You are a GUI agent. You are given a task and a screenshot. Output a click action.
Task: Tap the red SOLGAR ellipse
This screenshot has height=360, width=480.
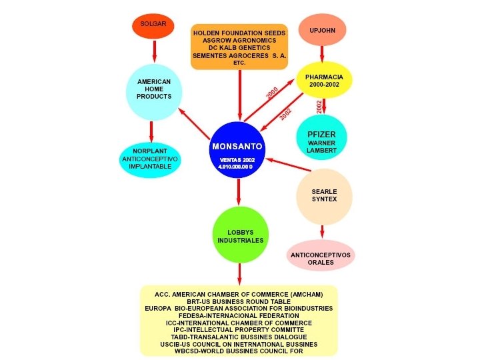click(x=153, y=25)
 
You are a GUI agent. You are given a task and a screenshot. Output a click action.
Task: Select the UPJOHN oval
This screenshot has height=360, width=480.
click(x=323, y=31)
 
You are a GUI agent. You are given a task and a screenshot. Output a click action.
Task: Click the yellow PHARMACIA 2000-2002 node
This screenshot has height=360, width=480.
click(x=324, y=81)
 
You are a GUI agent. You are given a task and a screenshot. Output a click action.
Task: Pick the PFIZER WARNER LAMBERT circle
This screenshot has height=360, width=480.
click(x=322, y=138)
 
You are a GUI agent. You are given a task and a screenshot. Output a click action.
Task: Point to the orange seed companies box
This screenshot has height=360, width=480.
click(x=239, y=47)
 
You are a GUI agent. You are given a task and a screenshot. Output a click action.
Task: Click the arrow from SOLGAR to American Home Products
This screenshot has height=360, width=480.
click(x=154, y=51)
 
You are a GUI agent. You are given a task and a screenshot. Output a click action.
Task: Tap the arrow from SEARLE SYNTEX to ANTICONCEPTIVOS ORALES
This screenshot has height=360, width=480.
click(x=323, y=231)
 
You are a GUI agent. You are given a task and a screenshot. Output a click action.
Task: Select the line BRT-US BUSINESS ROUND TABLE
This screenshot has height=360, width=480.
click(x=239, y=301)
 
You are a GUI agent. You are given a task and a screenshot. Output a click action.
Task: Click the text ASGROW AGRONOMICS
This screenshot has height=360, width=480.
click(x=239, y=40)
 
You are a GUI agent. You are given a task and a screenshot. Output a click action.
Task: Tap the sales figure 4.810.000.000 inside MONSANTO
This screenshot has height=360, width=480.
click(x=237, y=165)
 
